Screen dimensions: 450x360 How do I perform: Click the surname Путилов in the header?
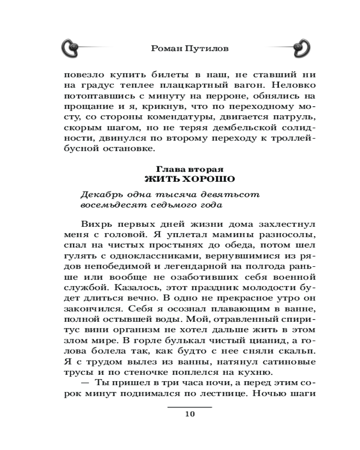click(207, 48)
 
